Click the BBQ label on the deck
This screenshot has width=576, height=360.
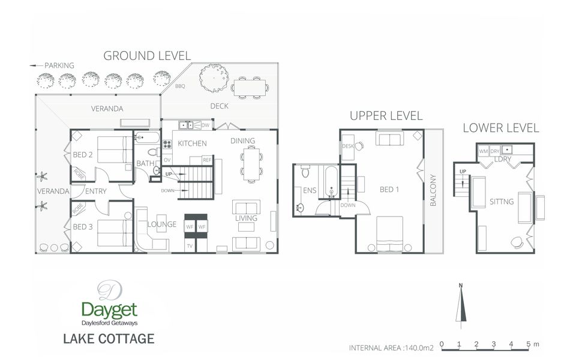180,86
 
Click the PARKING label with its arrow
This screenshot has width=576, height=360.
52,65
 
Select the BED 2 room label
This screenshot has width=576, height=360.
82,154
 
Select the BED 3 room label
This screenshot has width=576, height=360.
82,226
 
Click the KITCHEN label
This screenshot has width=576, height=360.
192,143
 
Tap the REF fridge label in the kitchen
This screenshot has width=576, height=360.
206,160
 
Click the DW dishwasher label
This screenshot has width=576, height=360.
205,125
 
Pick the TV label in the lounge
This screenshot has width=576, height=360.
190,246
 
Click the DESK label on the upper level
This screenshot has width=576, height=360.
347,146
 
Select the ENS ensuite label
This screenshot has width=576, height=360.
310,190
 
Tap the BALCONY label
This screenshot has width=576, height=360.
433,191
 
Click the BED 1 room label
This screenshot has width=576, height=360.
389,190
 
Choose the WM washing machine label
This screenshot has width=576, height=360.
483,151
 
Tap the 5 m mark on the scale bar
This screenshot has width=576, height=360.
529,344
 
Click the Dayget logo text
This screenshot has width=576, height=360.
109,310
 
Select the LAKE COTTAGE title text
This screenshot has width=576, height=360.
109,338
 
